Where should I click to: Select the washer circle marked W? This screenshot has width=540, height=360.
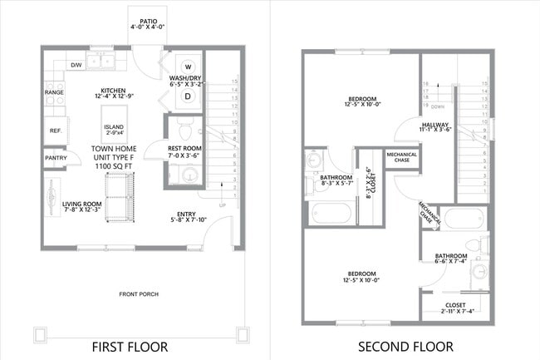(188, 67)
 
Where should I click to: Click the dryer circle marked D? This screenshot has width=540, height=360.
(188, 96)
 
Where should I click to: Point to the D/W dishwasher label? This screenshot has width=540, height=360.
(76, 64)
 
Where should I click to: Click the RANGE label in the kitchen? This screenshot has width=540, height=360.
(54, 92)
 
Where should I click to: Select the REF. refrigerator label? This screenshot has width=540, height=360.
(56, 131)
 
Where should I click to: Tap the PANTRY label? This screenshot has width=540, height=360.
(56, 157)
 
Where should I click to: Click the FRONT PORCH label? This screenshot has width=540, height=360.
(138, 294)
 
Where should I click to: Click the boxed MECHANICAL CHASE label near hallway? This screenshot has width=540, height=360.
(400, 157)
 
